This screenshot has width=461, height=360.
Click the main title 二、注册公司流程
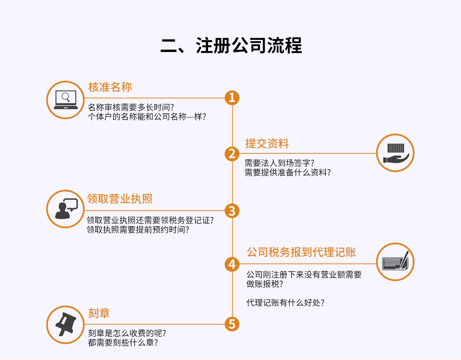tap(231, 46)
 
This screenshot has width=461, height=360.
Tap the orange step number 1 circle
tap(232, 98)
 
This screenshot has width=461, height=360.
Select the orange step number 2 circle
tap(232, 154)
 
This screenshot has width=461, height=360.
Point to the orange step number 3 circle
tap(232, 211)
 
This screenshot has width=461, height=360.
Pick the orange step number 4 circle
tap(232, 264)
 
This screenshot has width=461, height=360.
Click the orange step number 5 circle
tap(232, 324)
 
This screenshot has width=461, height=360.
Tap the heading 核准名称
tap(110, 87)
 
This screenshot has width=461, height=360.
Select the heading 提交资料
tap(267, 144)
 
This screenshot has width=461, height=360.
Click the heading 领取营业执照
tap(120, 199)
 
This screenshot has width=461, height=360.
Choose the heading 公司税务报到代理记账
tap(301, 252)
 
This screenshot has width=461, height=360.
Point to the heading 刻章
tap(99, 313)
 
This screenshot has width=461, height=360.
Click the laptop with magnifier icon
tap(65, 100)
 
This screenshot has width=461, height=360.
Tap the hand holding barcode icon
tap(395, 153)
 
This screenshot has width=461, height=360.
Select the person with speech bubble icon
tap(65, 209)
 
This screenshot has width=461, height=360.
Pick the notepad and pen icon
tap(395, 262)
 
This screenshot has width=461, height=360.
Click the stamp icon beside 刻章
tap(65, 325)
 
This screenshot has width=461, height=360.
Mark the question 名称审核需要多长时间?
tap(131, 107)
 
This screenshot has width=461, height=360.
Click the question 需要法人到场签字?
tap(279, 163)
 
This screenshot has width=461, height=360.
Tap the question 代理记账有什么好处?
tap(285, 303)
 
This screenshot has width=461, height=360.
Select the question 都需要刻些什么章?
tap(123, 343)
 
